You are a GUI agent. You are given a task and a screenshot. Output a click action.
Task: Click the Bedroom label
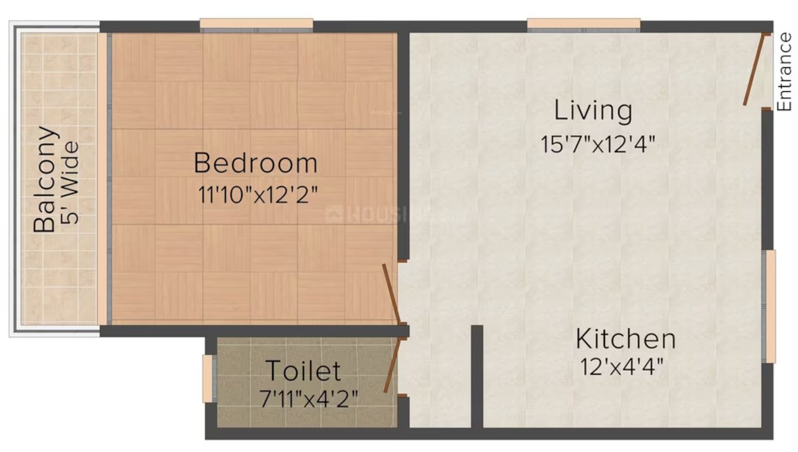255,163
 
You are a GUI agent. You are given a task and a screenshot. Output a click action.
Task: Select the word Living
593,111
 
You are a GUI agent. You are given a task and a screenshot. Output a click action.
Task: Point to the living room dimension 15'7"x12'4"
598,144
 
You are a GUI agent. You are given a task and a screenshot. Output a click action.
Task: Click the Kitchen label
625,340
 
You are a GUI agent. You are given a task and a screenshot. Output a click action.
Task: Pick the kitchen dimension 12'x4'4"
621,367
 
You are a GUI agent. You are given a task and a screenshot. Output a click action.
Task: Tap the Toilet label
303,371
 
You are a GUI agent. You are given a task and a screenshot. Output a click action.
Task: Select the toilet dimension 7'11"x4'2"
309,398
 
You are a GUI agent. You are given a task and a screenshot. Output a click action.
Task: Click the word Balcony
46,179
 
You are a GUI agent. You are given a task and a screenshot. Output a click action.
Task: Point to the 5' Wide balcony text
70,182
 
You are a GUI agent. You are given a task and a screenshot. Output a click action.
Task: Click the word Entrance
784,72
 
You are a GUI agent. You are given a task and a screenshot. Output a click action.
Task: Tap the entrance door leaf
754,70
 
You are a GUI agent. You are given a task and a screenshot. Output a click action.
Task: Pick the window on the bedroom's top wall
256,25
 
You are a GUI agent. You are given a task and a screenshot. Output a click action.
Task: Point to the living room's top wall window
584,25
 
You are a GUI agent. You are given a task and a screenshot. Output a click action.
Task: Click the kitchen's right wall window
771,306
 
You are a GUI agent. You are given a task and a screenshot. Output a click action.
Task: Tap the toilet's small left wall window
207,379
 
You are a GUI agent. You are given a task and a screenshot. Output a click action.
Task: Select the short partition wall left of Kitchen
477,376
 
